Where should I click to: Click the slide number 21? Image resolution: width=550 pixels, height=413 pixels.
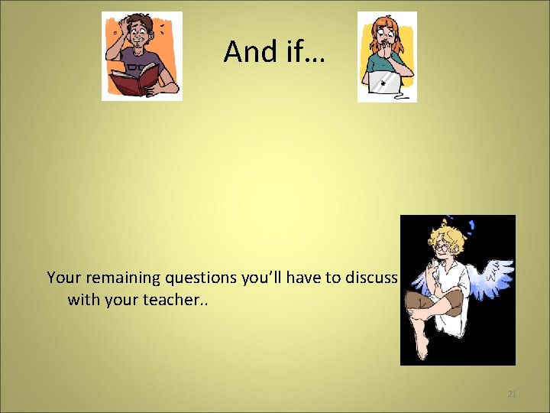click(512, 394)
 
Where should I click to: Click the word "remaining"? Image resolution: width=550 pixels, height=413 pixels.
click(118, 278)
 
